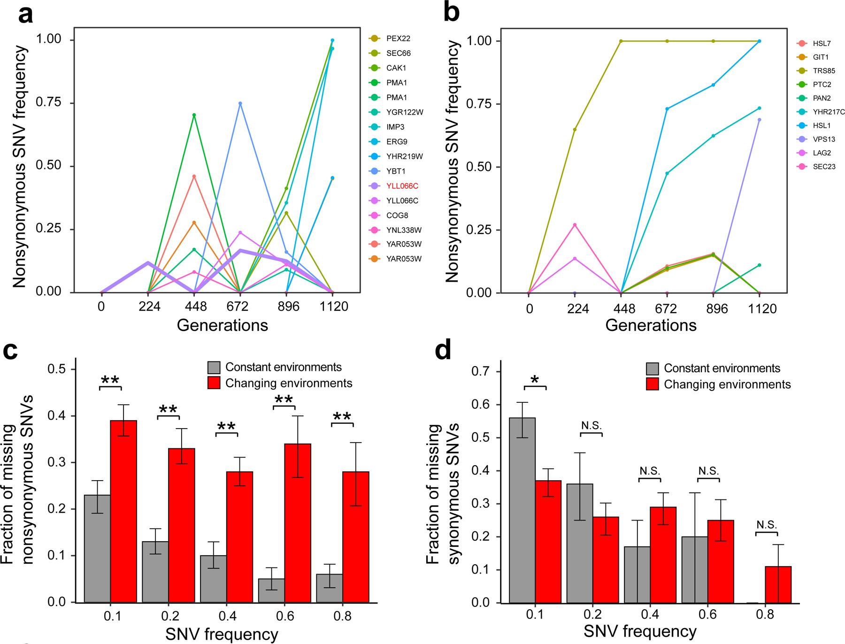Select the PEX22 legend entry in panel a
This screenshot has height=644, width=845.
pos(398,38)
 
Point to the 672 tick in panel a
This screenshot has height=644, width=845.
pos(240,307)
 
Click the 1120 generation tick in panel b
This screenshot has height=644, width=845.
pos(759,309)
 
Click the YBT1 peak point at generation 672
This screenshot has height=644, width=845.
pos(240,103)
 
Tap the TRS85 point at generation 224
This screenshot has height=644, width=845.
pos(575,129)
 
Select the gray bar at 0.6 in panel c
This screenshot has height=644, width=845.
pos(271,590)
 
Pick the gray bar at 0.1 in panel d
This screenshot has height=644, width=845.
pos(522,510)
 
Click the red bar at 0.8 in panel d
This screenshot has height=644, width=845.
pos(778,584)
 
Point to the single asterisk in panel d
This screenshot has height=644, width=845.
pos(535,379)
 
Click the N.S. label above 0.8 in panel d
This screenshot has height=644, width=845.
pos(766,525)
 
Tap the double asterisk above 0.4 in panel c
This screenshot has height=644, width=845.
pos(227,426)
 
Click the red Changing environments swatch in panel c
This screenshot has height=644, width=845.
pos(214,383)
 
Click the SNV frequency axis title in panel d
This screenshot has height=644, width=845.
pos(640,631)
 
